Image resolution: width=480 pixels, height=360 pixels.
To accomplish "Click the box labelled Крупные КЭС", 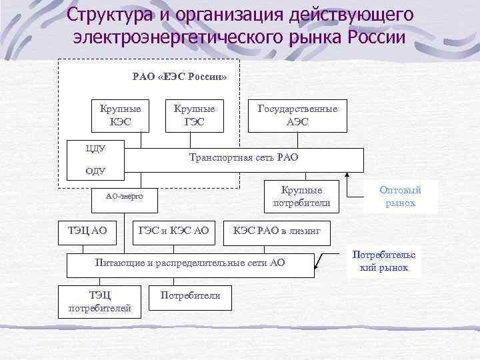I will pyautogui.click(x=115, y=115).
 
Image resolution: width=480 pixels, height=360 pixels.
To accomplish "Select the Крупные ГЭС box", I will pyautogui.click(x=194, y=115).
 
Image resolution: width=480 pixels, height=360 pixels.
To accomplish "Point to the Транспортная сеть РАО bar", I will pyautogui.click(x=245, y=159).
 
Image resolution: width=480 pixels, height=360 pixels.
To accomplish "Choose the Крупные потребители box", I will pyautogui.click(x=301, y=196).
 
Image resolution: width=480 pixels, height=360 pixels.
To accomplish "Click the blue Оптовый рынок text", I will pyautogui.click(x=400, y=196).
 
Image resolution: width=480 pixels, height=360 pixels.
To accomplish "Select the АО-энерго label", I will pyautogui.click(x=124, y=197).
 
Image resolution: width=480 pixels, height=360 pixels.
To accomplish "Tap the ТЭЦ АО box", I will pyautogui.click(x=87, y=231).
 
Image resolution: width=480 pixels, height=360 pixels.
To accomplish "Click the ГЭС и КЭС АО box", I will pyautogui.click(x=174, y=231).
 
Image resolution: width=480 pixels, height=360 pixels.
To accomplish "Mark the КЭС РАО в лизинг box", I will pyautogui.click(x=277, y=231).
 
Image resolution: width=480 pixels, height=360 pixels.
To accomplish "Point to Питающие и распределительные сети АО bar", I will pyautogui.click(x=190, y=263).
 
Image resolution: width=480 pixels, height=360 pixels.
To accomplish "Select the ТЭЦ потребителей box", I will pyautogui.click(x=100, y=301).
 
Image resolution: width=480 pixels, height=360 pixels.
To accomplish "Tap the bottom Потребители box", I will pyautogui.click(x=190, y=296).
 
